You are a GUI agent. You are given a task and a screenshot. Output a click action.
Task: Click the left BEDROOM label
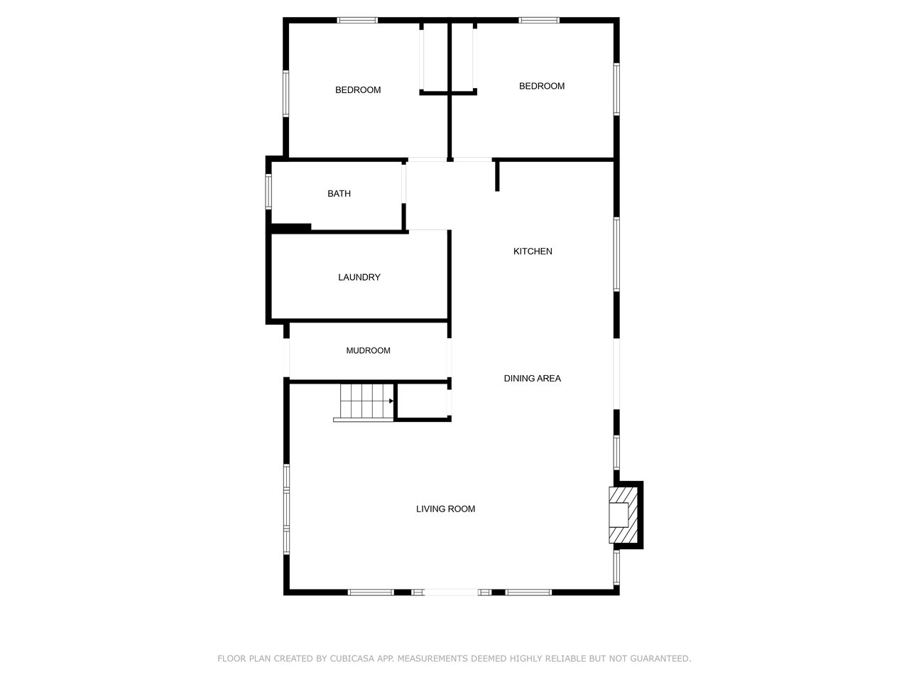tap(358, 90)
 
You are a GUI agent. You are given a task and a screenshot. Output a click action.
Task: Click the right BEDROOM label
tap(542, 86)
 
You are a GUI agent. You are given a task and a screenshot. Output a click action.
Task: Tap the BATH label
tap(339, 194)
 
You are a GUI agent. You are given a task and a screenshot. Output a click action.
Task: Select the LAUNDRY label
tap(359, 277)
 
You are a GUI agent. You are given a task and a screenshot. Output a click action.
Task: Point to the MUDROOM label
tap(368, 350)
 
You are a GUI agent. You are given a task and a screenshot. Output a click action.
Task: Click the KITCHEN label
tap(533, 251)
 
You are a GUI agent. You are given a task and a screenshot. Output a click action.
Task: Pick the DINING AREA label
tap(532, 379)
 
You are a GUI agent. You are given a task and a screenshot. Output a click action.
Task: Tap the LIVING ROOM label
tap(445, 509)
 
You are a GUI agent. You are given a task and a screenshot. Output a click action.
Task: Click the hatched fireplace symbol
tap(623, 514)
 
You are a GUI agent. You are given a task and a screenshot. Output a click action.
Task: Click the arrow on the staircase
tap(391, 401)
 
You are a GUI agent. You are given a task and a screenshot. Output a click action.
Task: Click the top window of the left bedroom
tap(357, 21)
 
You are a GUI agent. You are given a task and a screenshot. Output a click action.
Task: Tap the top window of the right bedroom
tap(539, 21)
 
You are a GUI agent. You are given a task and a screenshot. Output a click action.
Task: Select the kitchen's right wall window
tap(616, 254)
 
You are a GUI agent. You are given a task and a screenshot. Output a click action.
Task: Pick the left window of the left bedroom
tap(286, 92)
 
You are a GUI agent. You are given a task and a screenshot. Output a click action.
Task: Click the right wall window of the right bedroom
tap(616, 89)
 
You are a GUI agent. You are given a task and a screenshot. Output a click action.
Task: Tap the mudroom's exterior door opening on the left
tap(287, 358)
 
